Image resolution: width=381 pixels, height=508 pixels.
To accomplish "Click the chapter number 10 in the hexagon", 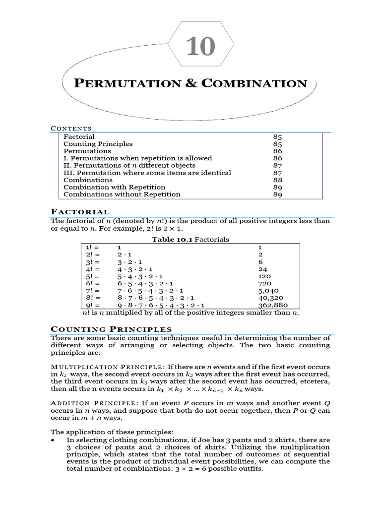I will point(201,48).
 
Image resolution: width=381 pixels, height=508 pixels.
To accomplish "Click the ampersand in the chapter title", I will point(192,83).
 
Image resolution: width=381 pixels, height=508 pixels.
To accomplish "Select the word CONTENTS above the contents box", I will point(71,129).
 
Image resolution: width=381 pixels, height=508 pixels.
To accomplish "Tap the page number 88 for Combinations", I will point(278,180).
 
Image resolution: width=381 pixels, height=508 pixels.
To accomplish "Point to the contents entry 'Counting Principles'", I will point(98,144).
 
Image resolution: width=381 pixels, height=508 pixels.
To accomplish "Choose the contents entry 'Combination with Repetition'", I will point(114,187).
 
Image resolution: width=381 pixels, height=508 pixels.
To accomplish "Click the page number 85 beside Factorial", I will point(278,136).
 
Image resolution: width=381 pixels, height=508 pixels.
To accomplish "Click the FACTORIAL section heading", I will point(80,212).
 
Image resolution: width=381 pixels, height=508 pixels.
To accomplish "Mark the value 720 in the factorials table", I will point(265,284).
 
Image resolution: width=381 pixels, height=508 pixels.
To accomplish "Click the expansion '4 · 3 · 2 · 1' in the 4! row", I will point(130,269).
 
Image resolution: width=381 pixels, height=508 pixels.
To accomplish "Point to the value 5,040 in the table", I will point(268,291).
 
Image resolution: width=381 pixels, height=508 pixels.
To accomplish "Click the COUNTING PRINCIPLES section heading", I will point(112,329).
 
